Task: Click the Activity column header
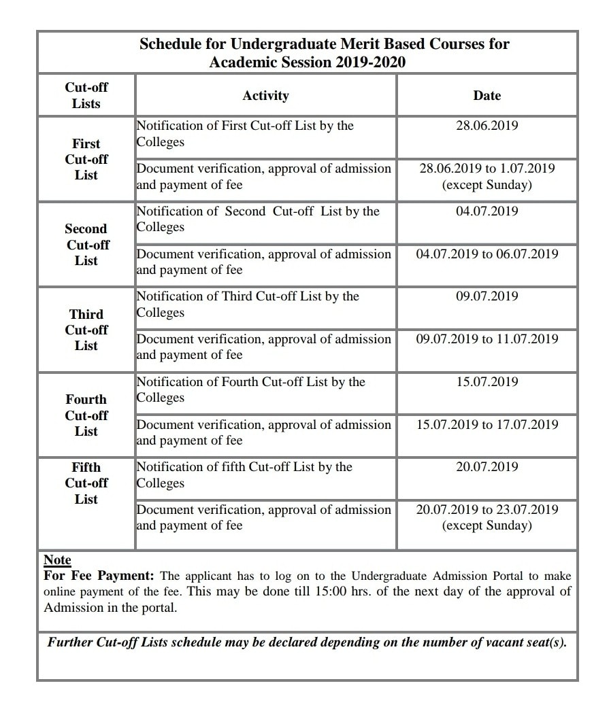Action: click(x=265, y=96)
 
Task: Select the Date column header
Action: click(x=487, y=96)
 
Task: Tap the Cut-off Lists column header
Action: click(x=86, y=96)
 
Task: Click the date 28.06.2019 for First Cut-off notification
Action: click(x=487, y=126)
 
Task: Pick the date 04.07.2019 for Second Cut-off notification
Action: click(x=487, y=211)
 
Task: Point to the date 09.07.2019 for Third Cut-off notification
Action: click(x=487, y=296)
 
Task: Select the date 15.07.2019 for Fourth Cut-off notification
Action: click(x=487, y=381)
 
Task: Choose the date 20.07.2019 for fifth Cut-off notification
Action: click(x=487, y=467)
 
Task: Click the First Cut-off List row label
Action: click(x=86, y=159)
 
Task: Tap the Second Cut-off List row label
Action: click(x=86, y=245)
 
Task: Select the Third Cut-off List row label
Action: click(x=86, y=330)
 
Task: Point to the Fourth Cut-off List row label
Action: click(x=86, y=415)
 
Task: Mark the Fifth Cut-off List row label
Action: click(x=86, y=483)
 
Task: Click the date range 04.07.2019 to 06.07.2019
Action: click(x=487, y=254)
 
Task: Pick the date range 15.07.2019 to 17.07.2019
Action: click(x=487, y=425)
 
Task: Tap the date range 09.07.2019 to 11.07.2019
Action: click(x=487, y=339)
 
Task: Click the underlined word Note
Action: click(x=57, y=560)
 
